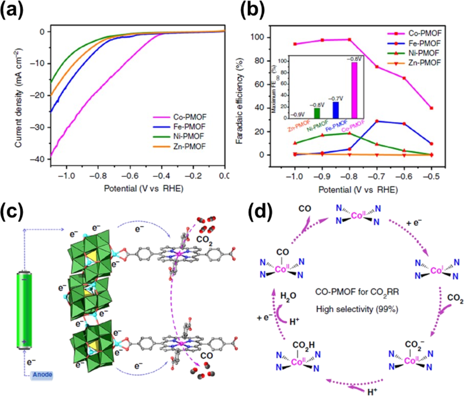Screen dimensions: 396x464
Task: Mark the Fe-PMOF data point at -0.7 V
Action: click(377, 121)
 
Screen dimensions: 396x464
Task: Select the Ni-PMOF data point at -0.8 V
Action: click(350, 133)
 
